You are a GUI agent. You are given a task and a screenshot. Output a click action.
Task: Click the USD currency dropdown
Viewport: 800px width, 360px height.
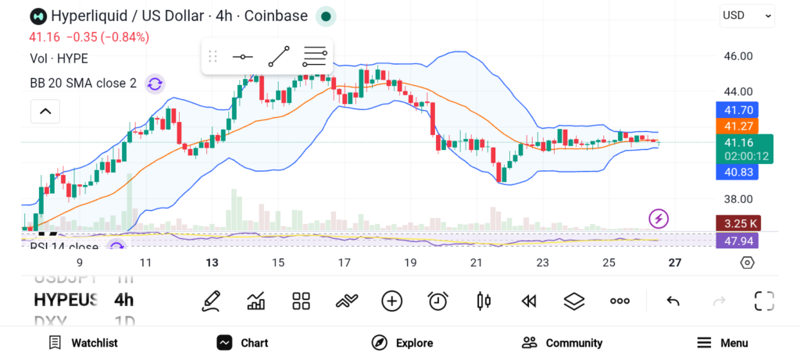pos(747,15)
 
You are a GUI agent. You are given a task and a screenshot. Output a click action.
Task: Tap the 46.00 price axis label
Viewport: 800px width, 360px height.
pos(738,56)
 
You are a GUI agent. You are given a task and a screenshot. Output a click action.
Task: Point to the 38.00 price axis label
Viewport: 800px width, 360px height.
pos(738,199)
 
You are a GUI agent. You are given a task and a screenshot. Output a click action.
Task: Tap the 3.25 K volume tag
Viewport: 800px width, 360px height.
pos(737,224)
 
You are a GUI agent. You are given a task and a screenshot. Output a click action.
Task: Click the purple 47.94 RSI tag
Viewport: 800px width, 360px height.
pos(737,240)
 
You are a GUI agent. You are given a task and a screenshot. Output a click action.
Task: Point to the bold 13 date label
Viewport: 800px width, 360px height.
pos(212,263)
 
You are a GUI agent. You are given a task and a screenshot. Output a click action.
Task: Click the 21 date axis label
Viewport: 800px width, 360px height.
pos(476,263)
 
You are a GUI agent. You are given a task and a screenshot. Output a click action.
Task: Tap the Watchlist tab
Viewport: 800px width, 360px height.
pos(83,343)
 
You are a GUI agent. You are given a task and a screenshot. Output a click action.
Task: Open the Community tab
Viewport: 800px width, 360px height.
pos(562,343)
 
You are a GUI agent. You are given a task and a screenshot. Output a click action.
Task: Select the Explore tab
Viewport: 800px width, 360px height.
pos(402,343)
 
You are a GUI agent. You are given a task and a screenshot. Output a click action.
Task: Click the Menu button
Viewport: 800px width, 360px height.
pos(722,343)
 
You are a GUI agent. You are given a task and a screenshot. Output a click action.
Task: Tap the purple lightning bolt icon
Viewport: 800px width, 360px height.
pos(659,219)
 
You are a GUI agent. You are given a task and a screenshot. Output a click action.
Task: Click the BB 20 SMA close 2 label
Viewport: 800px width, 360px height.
pos(83,84)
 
